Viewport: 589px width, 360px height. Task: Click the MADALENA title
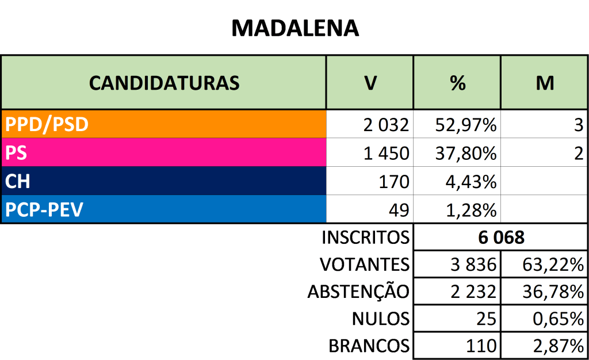(x=294, y=27)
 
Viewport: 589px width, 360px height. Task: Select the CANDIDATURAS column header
(x=164, y=83)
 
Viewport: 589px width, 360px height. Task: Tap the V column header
(x=370, y=83)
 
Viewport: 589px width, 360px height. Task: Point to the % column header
(x=457, y=83)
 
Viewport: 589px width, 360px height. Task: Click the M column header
(x=544, y=83)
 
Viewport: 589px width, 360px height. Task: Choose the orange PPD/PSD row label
(x=47, y=124)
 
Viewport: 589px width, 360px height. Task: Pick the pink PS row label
(x=17, y=153)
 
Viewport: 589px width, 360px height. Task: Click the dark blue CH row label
(x=18, y=182)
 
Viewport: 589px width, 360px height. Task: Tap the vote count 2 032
(x=386, y=124)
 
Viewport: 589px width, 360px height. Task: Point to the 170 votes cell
(x=394, y=182)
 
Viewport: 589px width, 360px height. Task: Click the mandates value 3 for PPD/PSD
(x=578, y=124)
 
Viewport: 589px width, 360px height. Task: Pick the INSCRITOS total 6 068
(x=502, y=237)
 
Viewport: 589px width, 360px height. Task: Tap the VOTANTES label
(x=364, y=265)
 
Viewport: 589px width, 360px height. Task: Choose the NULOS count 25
(x=486, y=319)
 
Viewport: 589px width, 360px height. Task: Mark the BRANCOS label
(x=369, y=346)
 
